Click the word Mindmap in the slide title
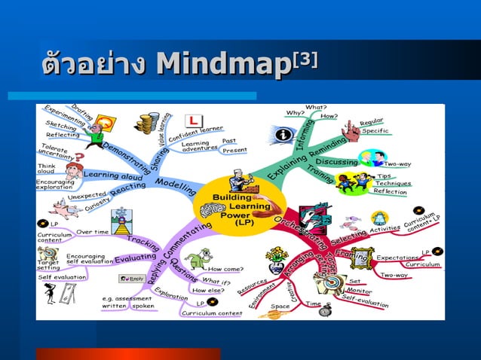click(224, 65)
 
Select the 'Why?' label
click(296, 113)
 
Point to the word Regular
click(372, 121)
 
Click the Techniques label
click(392, 183)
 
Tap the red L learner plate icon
click(193, 121)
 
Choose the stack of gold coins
click(146, 123)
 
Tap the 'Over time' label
click(93, 232)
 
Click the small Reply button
click(132, 279)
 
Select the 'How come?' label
click(225, 269)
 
